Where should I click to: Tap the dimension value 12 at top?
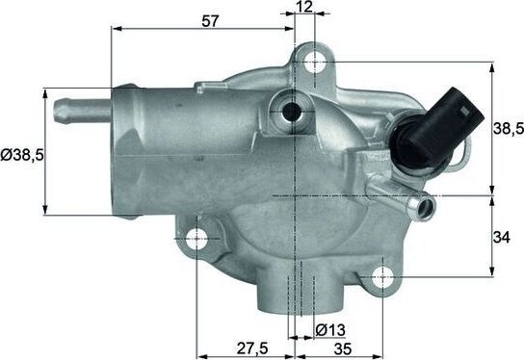pyautogui.click(x=304, y=8)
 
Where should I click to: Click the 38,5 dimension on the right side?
pyautogui.click(x=507, y=127)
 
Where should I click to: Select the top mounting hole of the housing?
pyautogui.click(x=314, y=63)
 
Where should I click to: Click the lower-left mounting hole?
pyautogui.click(x=196, y=238)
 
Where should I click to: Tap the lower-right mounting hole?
pyautogui.click(x=382, y=276)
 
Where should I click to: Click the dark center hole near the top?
pyautogui.click(x=290, y=111)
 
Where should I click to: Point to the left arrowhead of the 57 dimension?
pyautogui.click(x=117, y=30)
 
